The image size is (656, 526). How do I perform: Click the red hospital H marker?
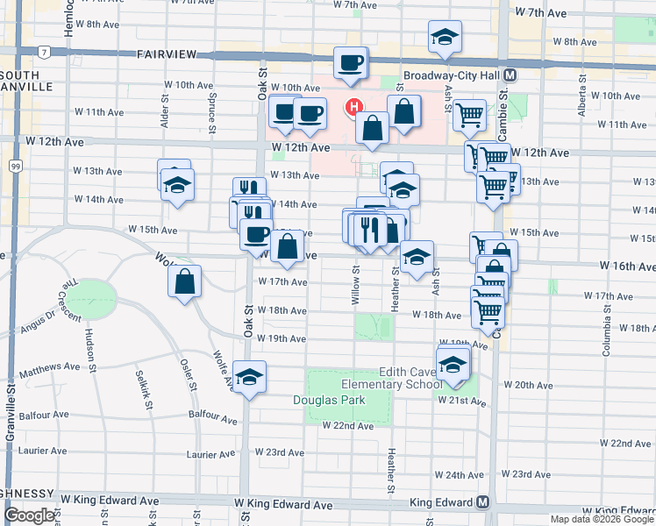(353, 108)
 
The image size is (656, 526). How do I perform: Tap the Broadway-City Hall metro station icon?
(510, 75)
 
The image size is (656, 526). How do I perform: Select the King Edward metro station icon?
(482, 502)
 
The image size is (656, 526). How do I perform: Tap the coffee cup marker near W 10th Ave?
(350, 63)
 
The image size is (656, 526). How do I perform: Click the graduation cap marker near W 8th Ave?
(445, 37)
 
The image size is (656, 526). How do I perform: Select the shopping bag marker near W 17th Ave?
(184, 281)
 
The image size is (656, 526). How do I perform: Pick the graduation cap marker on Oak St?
(250, 377)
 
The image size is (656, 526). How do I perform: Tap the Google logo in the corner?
(29, 515)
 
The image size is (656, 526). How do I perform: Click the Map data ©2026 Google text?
(601, 519)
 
